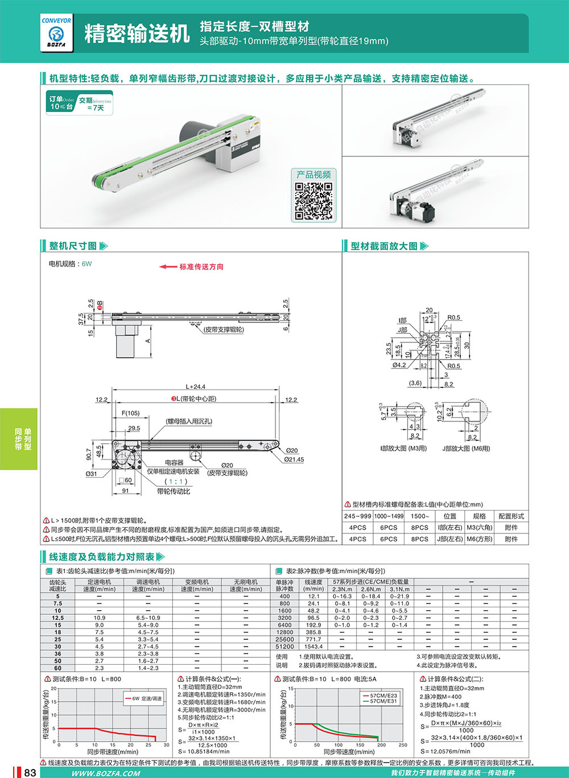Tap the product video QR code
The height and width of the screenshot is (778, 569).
pos(313,201)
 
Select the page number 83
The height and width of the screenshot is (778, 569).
pos(30,772)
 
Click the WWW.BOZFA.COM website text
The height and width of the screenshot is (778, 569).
pos(106,773)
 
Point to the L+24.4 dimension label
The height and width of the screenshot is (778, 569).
pos(195,387)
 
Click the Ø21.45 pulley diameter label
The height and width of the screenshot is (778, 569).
pos(294,460)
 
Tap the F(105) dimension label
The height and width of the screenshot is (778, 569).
pos(130,413)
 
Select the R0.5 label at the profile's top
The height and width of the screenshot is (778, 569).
pos(453,317)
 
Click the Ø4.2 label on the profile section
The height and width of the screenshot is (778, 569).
pos(399,365)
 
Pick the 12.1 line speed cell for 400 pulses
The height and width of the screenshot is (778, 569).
pos(314,597)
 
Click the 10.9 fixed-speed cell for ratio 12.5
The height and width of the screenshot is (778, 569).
pos(99,618)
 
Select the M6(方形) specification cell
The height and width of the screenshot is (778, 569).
pos(479,539)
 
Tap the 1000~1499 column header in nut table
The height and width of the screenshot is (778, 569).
pos(389,516)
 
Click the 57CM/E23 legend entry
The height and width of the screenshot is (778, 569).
pos(383,696)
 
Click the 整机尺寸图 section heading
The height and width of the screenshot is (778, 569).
pos(73,246)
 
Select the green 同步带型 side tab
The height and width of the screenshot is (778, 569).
pos(19,439)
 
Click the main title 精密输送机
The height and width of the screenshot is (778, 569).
pos(137,34)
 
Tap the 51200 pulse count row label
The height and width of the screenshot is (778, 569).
pos(284,647)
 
